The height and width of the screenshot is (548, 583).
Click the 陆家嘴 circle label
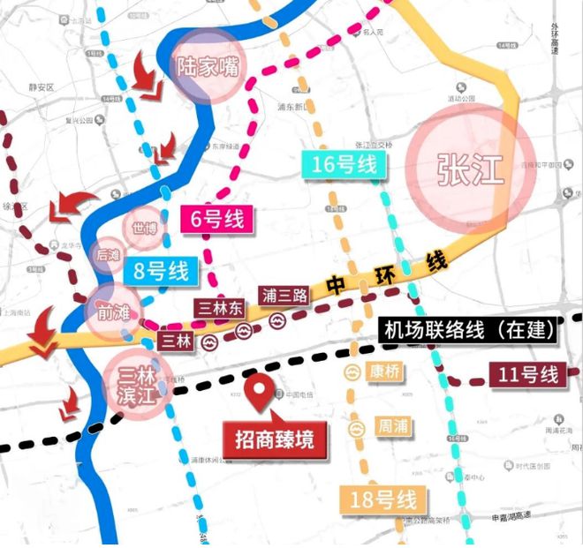pos(205,65)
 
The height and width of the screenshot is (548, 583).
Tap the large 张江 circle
pos(470,169)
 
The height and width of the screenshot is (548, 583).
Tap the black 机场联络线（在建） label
pos(469,330)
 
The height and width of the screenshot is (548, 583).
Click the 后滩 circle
pos(110,255)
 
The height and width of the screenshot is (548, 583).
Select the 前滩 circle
pos(111,310)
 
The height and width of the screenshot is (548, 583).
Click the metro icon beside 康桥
pos(353,372)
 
